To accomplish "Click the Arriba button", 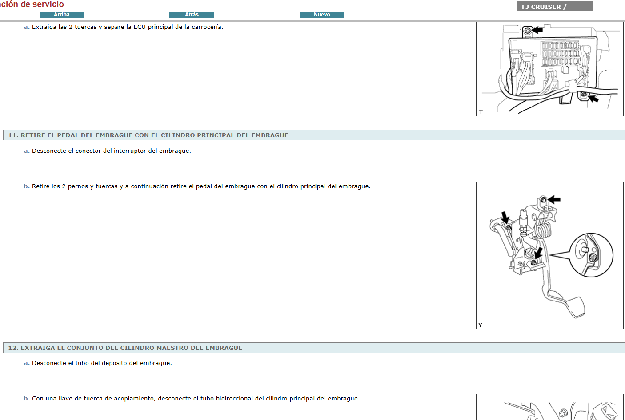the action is click(62, 15).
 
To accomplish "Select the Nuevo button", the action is click(322, 15).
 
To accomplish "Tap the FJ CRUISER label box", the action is click(555, 6).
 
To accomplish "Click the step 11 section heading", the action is click(148, 135).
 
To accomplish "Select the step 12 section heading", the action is click(125, 348).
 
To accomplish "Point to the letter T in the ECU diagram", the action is click(481, 112).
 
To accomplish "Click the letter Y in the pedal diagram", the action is click(480, 325).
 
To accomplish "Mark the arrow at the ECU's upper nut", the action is click(537, 30).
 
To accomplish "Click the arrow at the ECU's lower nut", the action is click(593, 98).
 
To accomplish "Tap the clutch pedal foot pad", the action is click(574, 307).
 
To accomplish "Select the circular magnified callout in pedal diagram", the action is click(591, 255).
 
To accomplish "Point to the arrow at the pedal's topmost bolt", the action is click(554, 199).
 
